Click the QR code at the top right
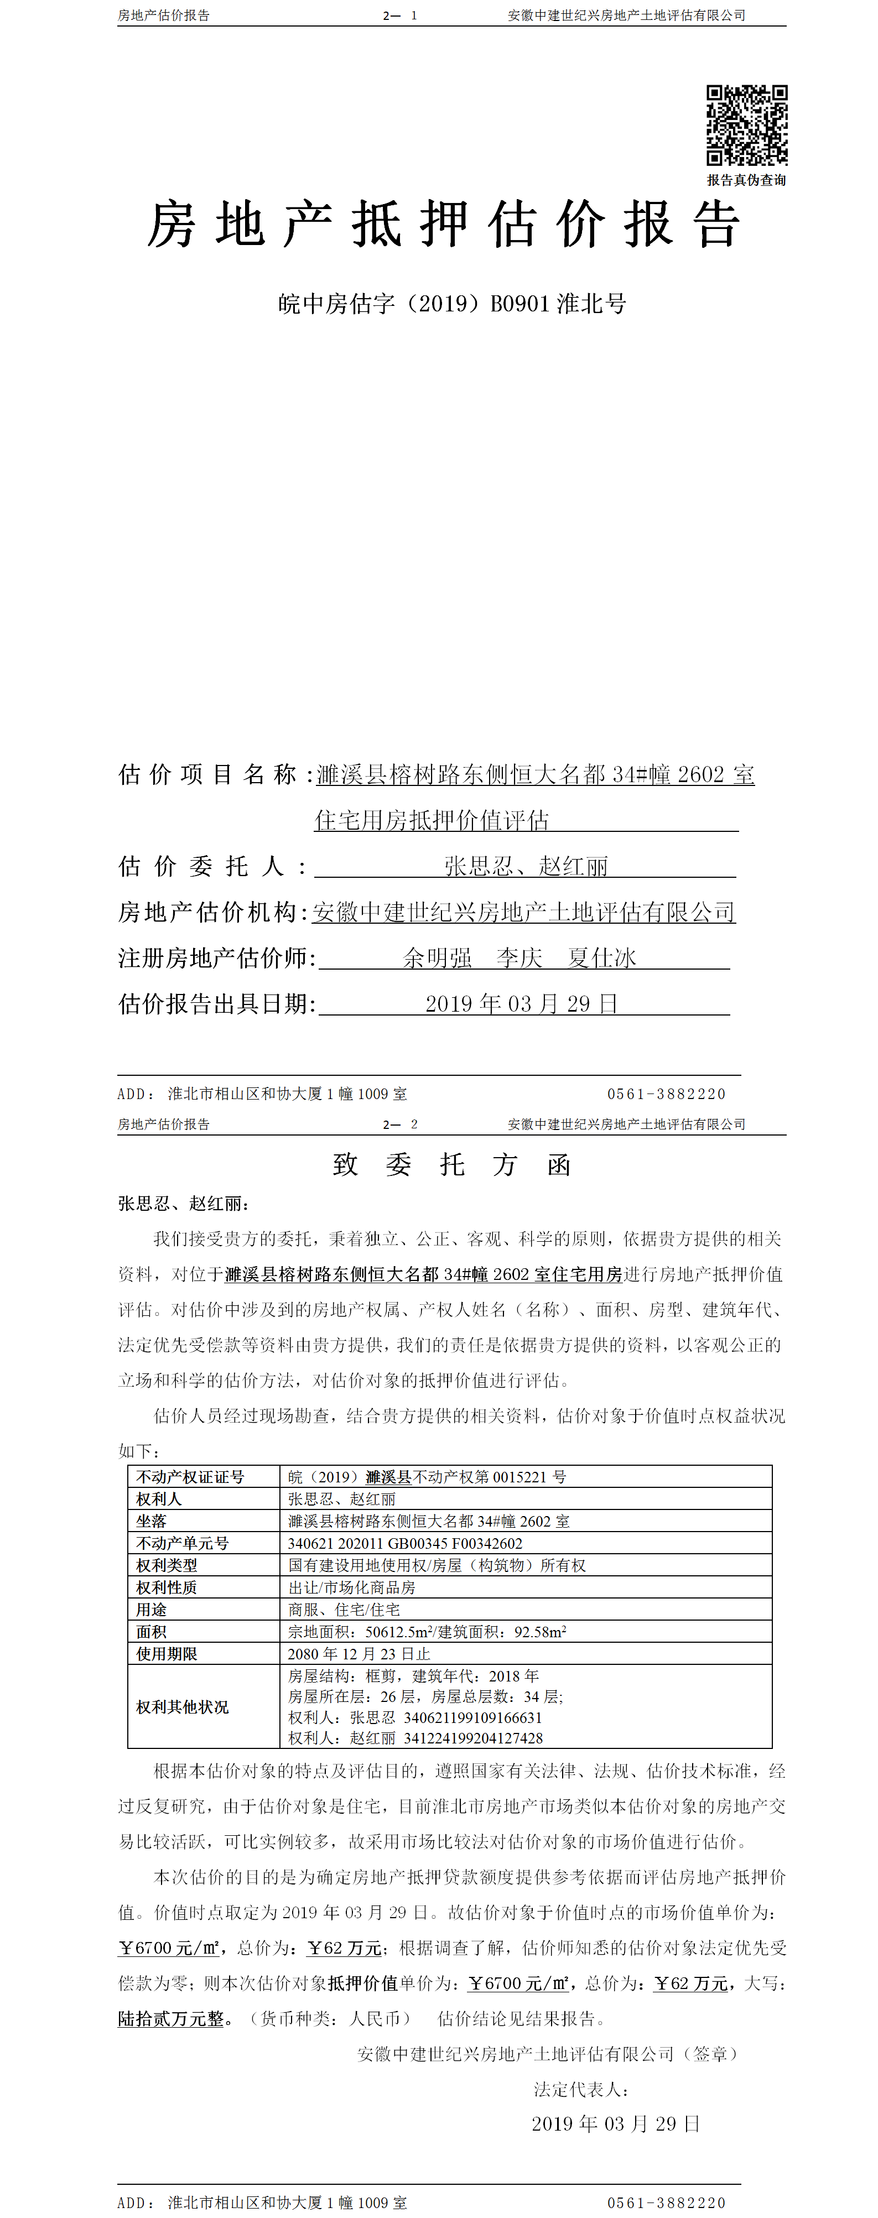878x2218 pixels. coord(746,125)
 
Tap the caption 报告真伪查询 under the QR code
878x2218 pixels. coord(746,180)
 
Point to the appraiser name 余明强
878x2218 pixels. coord(437,957)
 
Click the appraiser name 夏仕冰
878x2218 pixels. coord(601,957)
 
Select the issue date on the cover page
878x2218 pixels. coord(521,1004)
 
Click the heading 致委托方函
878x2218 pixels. coord(451,1165)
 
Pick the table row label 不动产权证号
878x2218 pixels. coord(190,1477)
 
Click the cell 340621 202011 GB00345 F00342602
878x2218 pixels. coord(405,1544)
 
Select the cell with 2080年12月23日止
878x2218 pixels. coord(359,1654)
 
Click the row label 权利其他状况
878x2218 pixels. coord(182,1707)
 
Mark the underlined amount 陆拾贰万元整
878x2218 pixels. coord(170,2019)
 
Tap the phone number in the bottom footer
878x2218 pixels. coord(666,2203)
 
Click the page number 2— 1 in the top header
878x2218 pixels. coord(400,15)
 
